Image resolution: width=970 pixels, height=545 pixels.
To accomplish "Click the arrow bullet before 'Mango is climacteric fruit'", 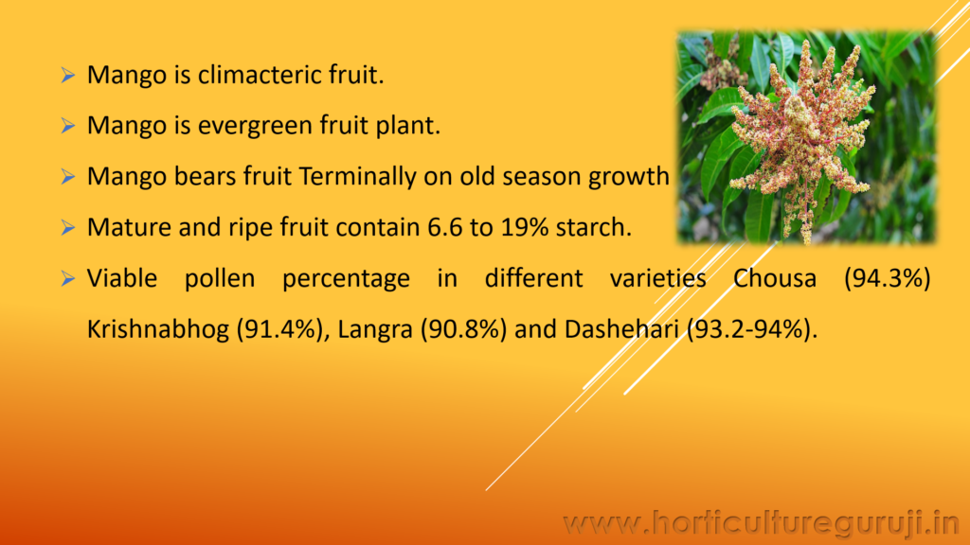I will (67, 76).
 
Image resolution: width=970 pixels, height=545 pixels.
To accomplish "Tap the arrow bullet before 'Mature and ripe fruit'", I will (67, 227).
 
